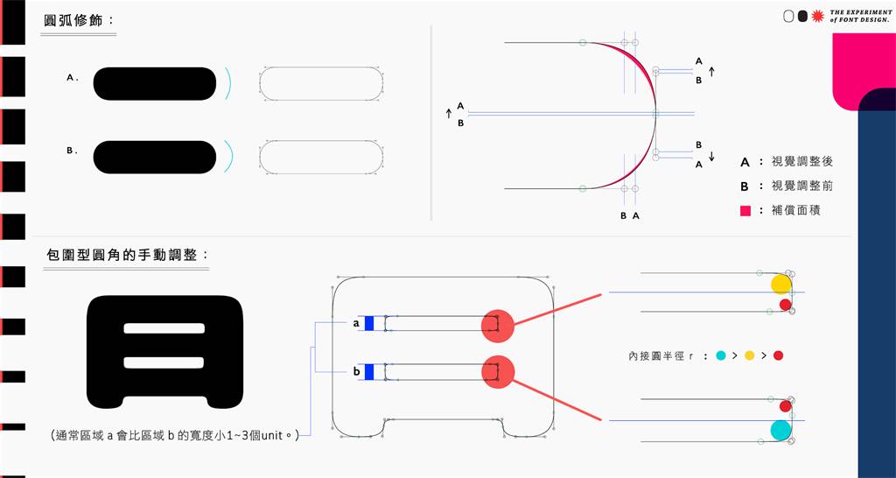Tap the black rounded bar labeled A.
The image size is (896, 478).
tap(154, 83)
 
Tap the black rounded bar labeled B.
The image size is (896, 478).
tap(154, 158)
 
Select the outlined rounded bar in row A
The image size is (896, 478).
tap(321, 83)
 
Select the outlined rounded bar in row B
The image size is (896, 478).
tap(321, 158)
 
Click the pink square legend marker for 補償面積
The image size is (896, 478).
tap(745, 210)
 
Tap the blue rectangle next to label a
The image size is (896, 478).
tap(369, 323)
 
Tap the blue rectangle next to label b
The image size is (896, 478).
tap(369, 372)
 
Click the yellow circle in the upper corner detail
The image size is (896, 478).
tap(780, 285)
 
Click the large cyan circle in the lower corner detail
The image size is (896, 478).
tap(780, 430)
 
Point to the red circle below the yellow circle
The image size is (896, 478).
tap(785, 305)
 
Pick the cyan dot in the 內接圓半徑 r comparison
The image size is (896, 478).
tap(721, 355)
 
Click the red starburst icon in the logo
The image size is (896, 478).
tap(818, 17)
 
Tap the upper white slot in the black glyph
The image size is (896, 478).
tap(164, 328)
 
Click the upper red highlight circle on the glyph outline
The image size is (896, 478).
tap(498, 326)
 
